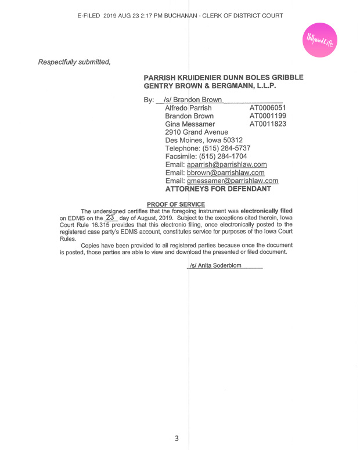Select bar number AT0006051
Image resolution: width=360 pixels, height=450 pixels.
point(267,108)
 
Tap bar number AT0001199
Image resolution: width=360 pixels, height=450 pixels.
point(267,116)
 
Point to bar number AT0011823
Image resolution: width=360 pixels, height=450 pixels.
point(267,124)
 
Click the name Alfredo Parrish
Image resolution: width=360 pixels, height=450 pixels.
point(188,108)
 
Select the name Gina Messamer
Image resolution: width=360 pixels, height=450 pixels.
point(190,124)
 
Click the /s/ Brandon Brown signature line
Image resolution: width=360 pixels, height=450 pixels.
point(193,100)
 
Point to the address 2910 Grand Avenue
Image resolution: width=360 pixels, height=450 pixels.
point(197,132)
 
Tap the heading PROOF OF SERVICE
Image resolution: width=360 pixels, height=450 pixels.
point(175,204)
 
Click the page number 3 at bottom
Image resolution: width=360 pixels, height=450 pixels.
point(177,438)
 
